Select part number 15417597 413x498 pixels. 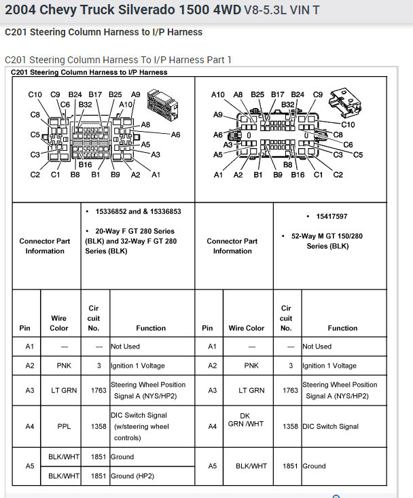tap(331, 216)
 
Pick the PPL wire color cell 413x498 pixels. tap(59, 427)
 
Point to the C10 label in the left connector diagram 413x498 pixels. tap(35, 94)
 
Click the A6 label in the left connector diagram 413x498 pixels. tap(175, 135)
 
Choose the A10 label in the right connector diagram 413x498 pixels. tap(217, 94)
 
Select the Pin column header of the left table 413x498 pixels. tap(25, 328)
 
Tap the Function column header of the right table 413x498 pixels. tap(342, 328)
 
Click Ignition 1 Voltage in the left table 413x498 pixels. tap(137, 366)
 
